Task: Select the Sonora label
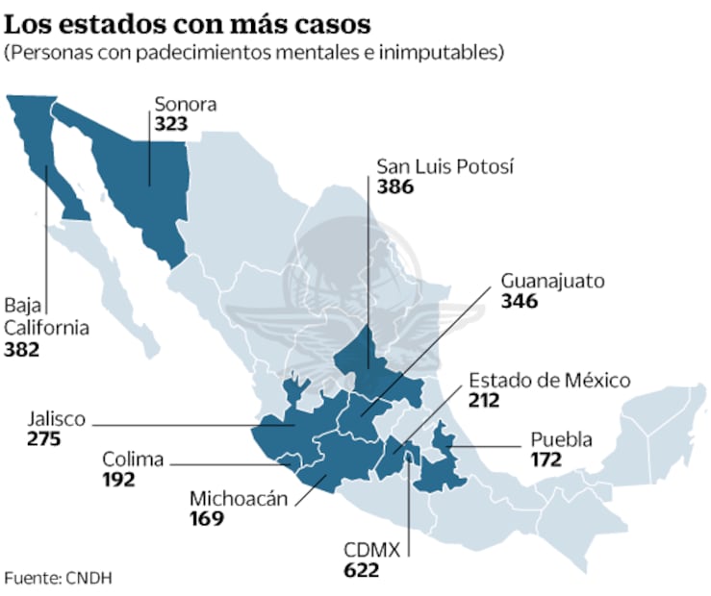tap(186, 105)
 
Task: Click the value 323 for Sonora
tap(170, 124)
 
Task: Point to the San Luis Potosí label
tap(445, 166)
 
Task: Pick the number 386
tap(395, 186)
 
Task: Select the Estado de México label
tap(549, 380)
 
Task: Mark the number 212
tap(485, 400)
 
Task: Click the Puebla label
tap(561, 440)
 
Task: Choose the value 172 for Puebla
tap(546, 460)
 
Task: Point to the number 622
tap(362, 570)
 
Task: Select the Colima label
tap(133, 459)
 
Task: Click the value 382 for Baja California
tap(22, 349)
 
